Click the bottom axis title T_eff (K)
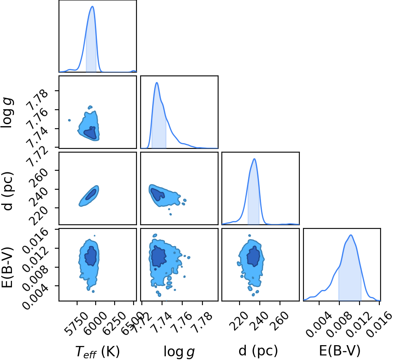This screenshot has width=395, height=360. pyautogui.click(x=97, y=351)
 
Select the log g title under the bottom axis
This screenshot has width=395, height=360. pyautogui.click(x=179, y=351)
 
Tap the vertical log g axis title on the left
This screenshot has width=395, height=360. pyautogui.click(x=7, y=113)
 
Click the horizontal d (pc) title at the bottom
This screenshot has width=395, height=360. pyautogui.click(x=258, y=351)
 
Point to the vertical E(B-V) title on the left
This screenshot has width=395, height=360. pyautogui.click(x=7, y=267)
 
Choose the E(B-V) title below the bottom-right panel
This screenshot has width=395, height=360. pyautogui.click(x=340, y=351)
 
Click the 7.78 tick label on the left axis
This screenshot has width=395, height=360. pyautogui.click(x=37, y=100)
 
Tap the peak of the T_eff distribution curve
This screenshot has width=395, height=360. pyautogui.click(x=92, y=6)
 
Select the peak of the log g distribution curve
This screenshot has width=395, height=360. pyautogui.click(x=157, y=82)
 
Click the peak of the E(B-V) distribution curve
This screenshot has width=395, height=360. pyautogui.click(x=350, y=235)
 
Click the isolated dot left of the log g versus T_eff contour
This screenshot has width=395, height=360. pyautogui.click(x=70, y=120)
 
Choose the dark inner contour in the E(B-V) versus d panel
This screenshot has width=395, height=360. pyautogui.click(x=253, y=256)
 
